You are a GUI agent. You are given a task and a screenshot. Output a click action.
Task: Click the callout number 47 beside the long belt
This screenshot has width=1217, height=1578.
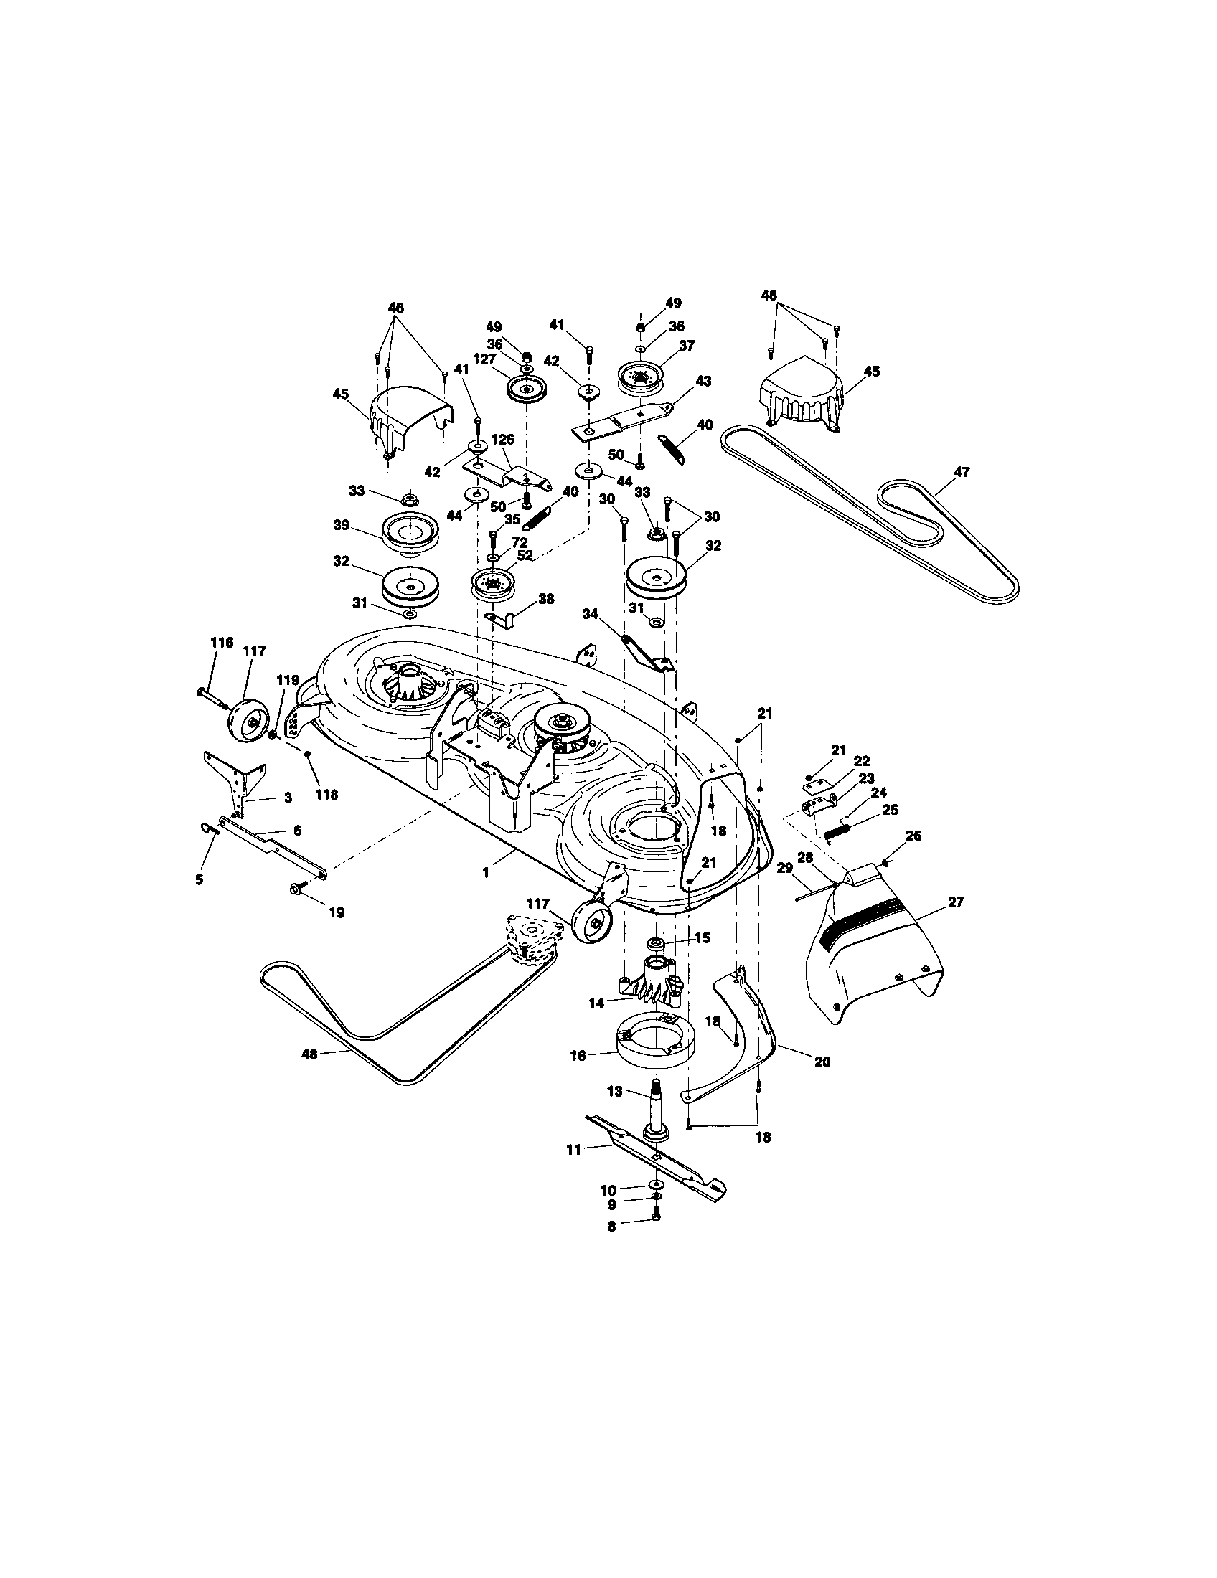point(961,472)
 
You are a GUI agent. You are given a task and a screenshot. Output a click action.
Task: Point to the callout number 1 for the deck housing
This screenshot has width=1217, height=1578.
point(486,873)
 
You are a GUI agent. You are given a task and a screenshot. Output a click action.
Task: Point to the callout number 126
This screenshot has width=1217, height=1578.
point(502,439)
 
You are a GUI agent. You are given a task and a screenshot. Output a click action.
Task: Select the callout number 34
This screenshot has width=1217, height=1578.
point(591,613)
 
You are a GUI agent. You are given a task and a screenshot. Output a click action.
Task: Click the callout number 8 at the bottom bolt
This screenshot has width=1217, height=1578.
point(611,1227)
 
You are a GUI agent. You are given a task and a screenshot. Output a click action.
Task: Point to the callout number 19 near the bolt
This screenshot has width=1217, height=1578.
point(336,912)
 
